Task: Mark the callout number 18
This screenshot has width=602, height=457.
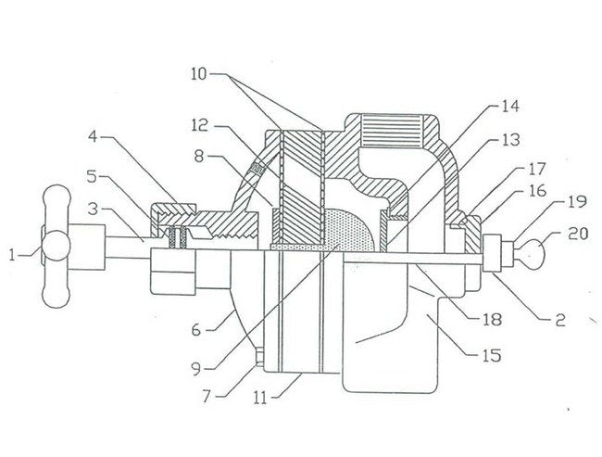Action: point(492,320)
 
